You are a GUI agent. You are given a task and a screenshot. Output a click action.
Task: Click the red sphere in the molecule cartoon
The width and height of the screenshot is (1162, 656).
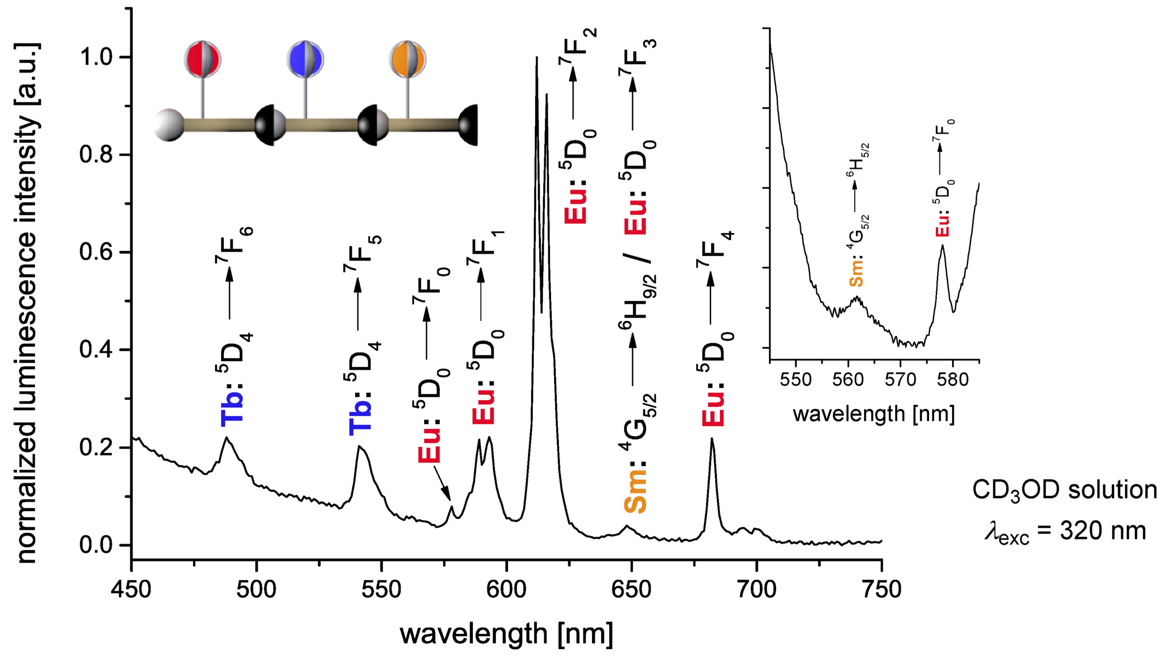point(202,59)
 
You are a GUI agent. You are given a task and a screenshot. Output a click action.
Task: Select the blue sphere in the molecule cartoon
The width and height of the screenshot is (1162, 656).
point(305,59)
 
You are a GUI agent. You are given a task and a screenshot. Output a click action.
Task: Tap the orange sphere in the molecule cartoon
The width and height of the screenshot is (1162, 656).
point(407,59)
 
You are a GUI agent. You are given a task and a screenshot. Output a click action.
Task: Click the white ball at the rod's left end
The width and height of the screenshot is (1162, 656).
point(169,125)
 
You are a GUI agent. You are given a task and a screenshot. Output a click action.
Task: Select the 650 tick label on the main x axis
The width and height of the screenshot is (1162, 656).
point(631,590)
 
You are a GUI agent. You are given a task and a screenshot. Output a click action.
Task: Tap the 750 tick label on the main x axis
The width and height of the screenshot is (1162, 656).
point(881,590)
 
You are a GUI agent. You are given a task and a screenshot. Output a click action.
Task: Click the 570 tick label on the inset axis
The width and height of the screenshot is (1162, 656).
point(900,380)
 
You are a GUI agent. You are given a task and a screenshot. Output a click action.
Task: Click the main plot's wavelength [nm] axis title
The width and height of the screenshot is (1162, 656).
point(506,633)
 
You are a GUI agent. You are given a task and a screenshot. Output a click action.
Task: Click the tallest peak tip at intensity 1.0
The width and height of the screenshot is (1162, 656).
point(537,58)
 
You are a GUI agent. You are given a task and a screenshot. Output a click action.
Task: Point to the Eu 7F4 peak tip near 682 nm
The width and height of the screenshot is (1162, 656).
point(712,439)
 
